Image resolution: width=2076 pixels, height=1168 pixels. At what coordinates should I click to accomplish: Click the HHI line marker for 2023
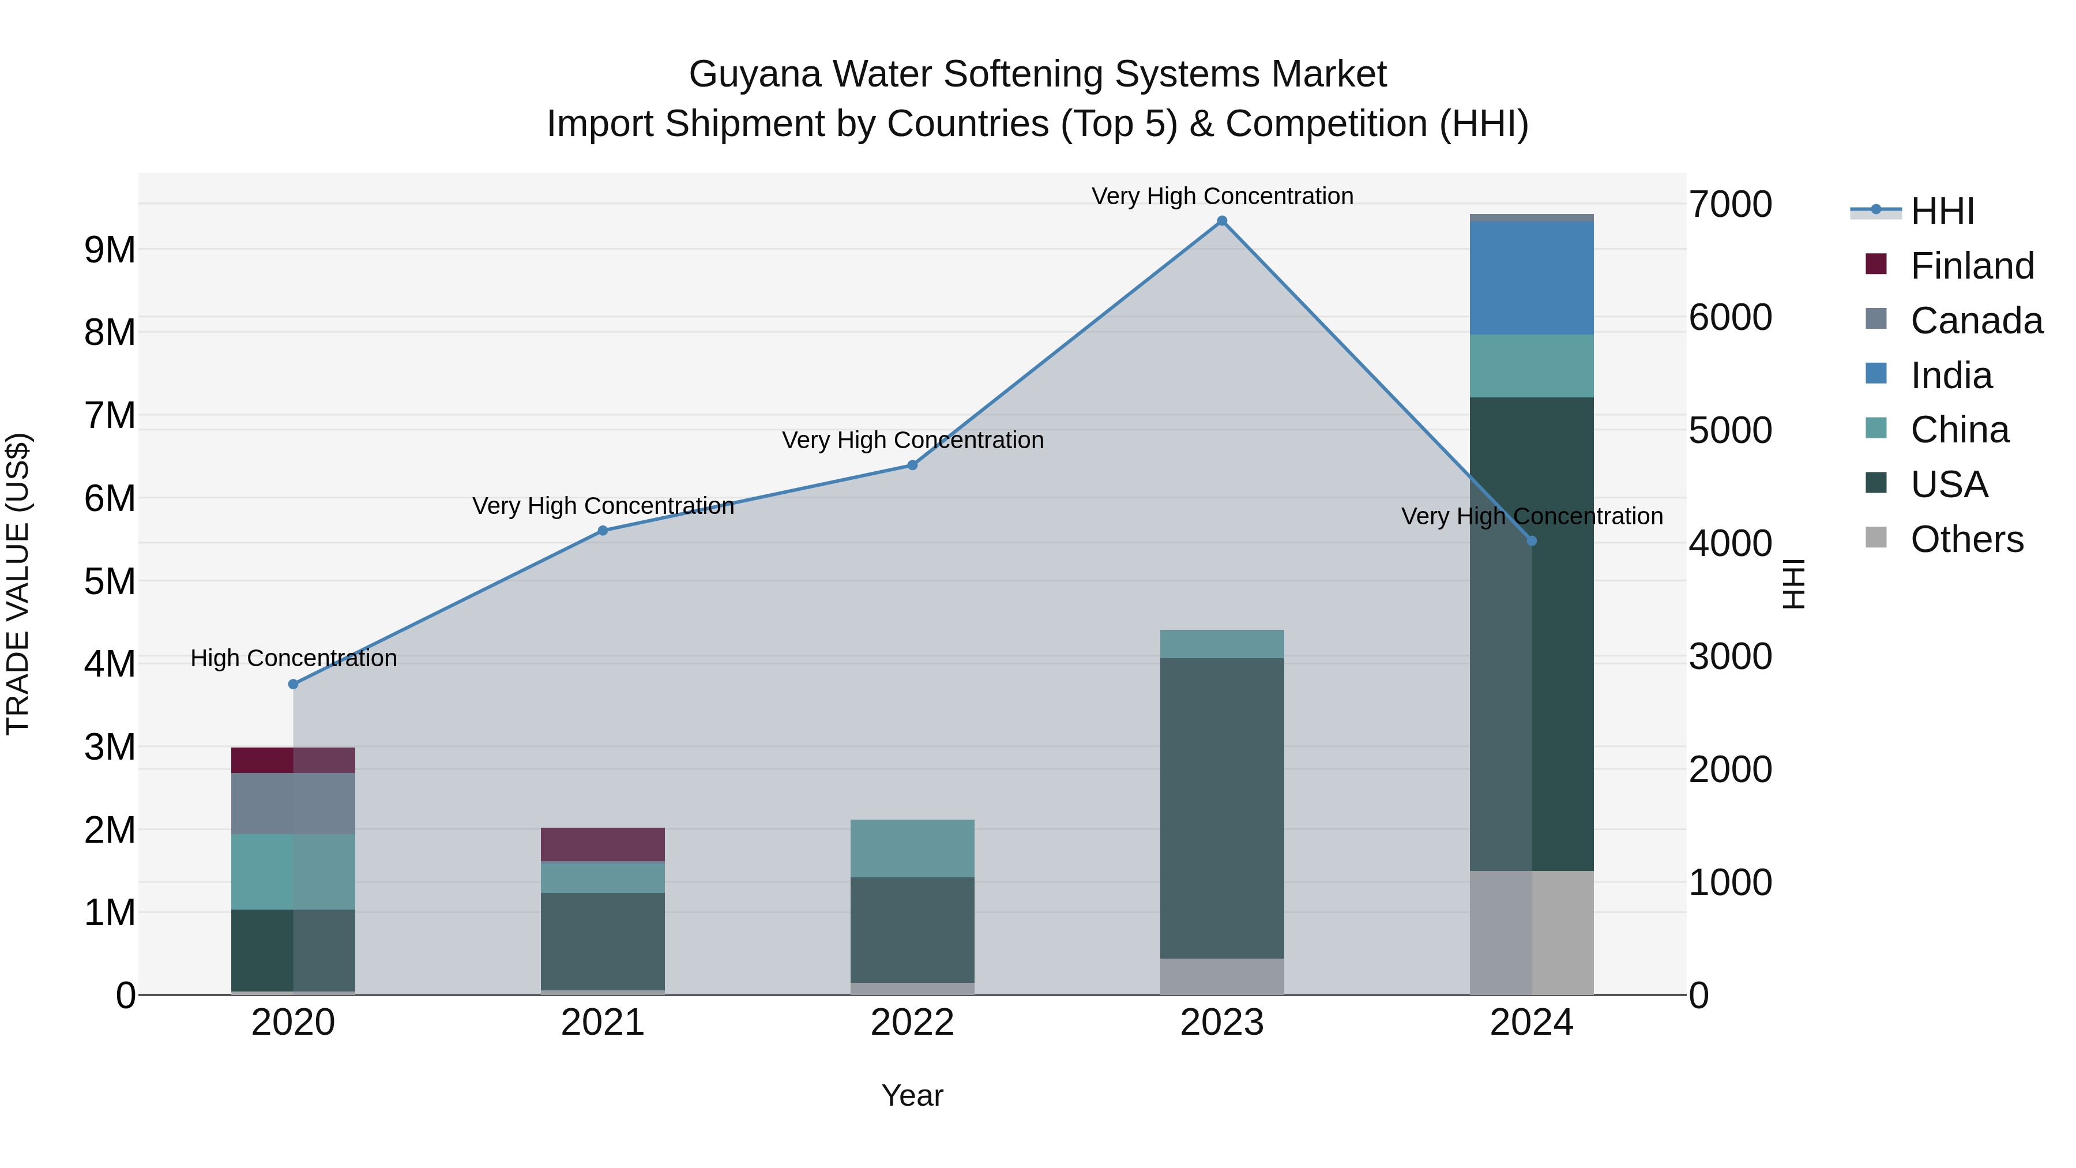(x=1222, y=221)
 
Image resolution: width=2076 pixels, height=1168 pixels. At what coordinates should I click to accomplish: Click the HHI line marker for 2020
(x=294, y=684)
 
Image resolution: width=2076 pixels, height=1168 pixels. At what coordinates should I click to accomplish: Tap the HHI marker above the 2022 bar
(x=912, y=465)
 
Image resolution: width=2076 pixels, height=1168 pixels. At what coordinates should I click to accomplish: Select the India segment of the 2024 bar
(x=1531, y=278)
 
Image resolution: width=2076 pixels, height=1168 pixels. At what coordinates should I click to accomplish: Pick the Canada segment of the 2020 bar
(x=294, y=803)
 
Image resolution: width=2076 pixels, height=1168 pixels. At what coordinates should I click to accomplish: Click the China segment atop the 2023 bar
(x=1222, y=644)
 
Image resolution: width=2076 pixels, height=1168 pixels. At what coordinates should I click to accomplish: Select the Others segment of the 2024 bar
(x=1531, y=933)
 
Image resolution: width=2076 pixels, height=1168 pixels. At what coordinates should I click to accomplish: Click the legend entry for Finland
(x=1971, y=266)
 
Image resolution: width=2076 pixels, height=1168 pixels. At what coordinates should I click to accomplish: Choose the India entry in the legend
(x=1950, y=375)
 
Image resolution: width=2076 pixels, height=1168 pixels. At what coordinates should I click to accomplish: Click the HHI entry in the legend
(x=1942, y=211)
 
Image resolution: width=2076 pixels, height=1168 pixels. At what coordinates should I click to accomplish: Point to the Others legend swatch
(x=1876, y=538)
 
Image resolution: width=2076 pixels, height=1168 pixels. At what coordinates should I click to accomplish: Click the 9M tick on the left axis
(x=110, y=250)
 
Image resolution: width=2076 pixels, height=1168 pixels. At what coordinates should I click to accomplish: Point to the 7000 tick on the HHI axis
(x=1730, y=205)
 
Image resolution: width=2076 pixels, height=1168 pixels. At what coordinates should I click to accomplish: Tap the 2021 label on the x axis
(x=603, y=1023)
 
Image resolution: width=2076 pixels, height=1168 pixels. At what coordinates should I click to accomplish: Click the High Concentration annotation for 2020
(x=294, y=659)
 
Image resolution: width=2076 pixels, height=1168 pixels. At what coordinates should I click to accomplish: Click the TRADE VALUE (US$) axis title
(x=18, y=584)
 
